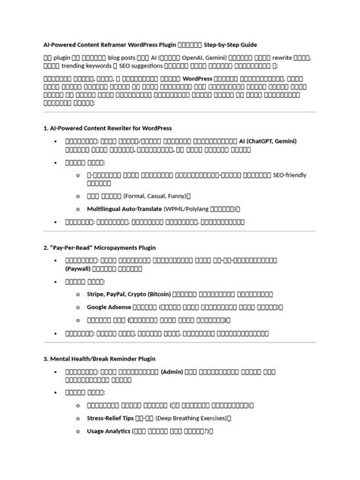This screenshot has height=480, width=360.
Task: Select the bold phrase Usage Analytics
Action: pos(108,431)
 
